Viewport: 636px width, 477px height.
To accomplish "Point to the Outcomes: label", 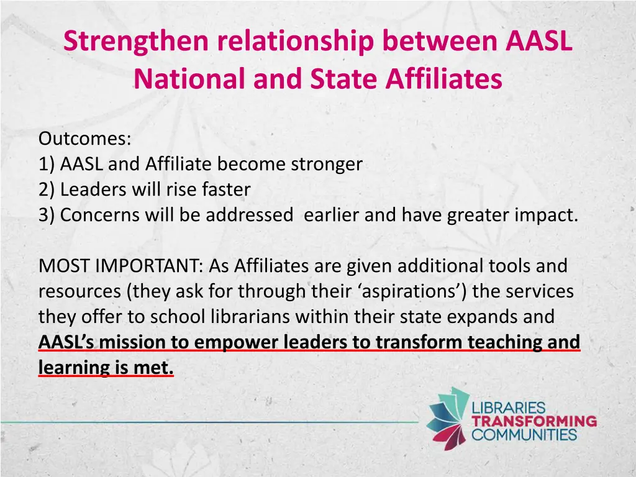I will click(84, 139).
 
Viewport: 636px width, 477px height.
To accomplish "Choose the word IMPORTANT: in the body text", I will click(150, 266).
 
